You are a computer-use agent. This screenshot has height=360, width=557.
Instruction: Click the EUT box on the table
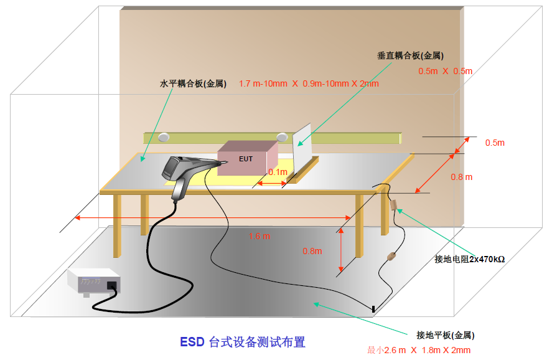click(x=247, y=159)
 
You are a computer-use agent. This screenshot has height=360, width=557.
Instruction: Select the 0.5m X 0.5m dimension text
click(x=445, y=71)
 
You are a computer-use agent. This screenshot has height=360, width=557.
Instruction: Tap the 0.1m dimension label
click(x=278, y=172)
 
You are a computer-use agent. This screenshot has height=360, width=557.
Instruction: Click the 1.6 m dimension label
click(x=259, y=236)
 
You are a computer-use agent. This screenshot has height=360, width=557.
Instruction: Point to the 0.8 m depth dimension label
click(x=461, y=177)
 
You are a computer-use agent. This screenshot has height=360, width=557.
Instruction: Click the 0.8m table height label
click(x=312, y=251)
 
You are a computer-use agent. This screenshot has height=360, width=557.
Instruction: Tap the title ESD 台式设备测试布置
click(x=243, y=342)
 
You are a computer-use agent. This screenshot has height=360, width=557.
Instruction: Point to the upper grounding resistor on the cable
click(x=393, y=205)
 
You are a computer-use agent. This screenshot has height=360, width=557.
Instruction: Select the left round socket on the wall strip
click(x=164, y=137)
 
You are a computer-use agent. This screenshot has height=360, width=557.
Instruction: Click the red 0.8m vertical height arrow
click(x=341, y=250)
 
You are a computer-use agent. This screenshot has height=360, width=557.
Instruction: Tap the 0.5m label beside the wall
click(x=495, y=143)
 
